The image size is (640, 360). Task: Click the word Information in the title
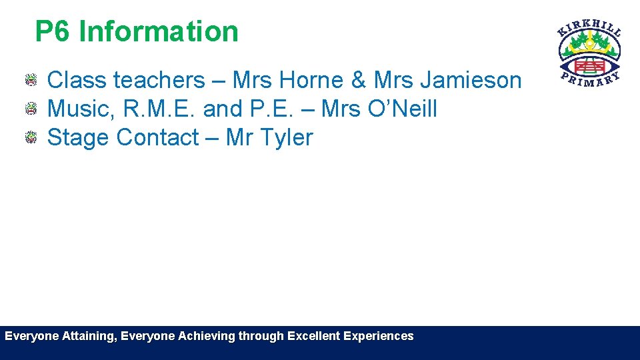(158, 31)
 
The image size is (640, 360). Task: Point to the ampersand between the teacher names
(359, 80)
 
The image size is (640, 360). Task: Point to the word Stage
(78, 137)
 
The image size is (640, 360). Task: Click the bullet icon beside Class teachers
(31, 81)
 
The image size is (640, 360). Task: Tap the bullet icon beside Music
(31, 109)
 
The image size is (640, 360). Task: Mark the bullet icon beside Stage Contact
(31, 138)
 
